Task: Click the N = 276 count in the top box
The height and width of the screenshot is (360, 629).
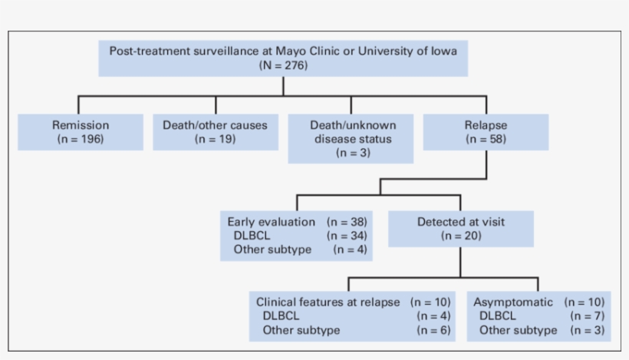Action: tap(284, 66)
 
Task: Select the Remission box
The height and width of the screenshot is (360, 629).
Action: tap(81, 132)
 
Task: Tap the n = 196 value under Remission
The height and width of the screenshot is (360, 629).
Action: tap(81, 139)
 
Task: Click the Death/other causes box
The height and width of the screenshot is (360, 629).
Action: tap(216, 132)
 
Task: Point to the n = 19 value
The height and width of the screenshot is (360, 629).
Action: tap(216, 139)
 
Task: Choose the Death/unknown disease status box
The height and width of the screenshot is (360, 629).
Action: tap(351, 139)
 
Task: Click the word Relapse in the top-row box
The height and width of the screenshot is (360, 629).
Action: tap(486, 124)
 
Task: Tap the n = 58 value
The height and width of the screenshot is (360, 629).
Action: tap(486, 139)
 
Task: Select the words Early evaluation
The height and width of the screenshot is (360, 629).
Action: tap(271, 221)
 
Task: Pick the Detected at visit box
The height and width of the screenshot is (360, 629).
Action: tap(461, 228)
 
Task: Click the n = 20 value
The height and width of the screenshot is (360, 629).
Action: tap(461, 235)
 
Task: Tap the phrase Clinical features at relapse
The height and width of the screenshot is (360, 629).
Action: tap(328, 302)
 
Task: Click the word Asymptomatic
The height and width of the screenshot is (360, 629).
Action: tap(513, 302)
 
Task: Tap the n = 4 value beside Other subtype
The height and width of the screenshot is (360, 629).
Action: tap(351, 249)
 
